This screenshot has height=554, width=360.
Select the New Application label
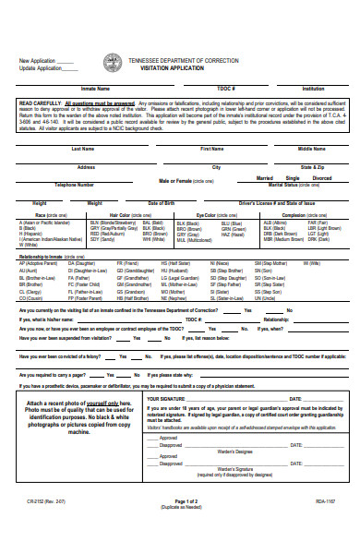click(37, 61)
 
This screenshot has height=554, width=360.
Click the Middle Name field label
click(311, 148)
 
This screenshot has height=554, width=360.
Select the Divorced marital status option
click(321, 178)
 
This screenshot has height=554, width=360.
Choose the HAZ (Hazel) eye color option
click(232, 234)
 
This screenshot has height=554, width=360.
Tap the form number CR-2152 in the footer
click(39, 526)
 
